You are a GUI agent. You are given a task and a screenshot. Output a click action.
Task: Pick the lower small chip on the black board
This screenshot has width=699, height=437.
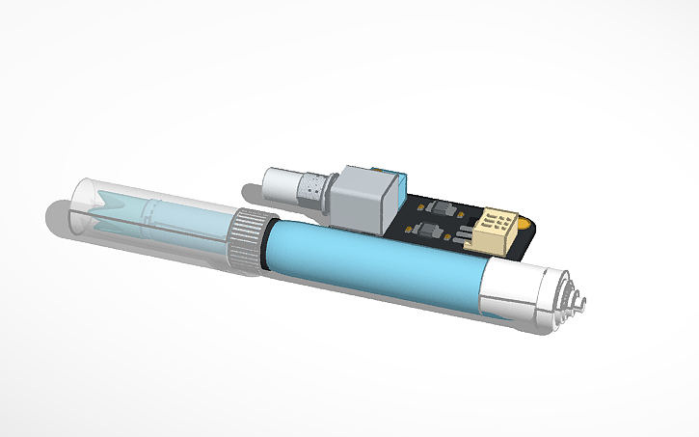click(430, 232)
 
